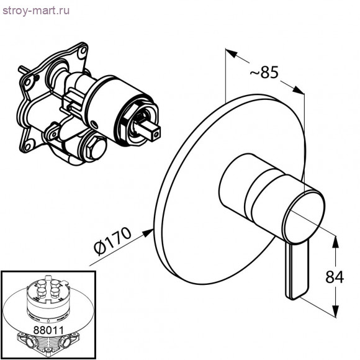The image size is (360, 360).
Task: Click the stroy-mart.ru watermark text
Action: coord(36,11)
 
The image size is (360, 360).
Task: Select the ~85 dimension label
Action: coord(264,73)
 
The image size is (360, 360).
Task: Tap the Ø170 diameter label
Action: coord(112,241)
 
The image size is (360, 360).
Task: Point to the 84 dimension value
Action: coord(335,277)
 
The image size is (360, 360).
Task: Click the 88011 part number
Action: coord(48,330)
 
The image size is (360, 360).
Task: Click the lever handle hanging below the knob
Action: coord(297,271)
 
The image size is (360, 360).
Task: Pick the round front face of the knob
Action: coord(304,215)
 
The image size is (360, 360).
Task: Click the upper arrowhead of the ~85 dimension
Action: coord(231,53)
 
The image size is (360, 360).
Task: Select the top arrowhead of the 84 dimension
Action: coord(335,241)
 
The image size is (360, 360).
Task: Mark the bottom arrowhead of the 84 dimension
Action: coord(335,311)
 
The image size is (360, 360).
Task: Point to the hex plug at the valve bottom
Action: coord(96,147)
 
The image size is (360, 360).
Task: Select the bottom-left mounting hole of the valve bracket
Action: coord(28,146)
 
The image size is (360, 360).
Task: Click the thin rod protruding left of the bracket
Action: coord(24,69)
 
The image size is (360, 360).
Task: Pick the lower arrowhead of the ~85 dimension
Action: coord(299,90)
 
